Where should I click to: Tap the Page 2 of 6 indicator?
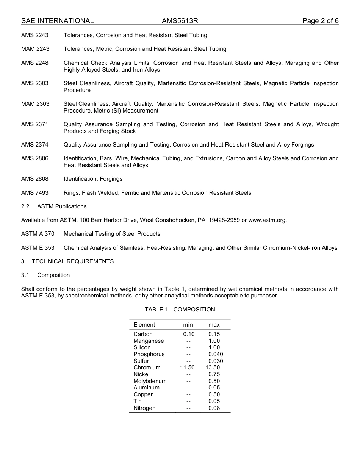[320, 21]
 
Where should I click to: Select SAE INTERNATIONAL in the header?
[57, 21]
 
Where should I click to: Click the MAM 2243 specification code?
[35, 49]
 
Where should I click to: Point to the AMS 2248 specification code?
[35, 63]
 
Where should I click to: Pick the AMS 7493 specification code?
[35, 193]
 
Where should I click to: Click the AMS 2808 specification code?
[35, 179]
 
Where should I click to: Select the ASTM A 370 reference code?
[38, 234]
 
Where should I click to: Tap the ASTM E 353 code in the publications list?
[38, 248]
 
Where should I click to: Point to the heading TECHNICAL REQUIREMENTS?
[73, 261]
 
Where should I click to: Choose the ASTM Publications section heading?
[62, 206]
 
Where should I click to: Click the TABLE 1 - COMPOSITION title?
[180, 310]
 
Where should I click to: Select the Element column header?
[144, 325]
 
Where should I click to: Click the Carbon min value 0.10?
[188, 334]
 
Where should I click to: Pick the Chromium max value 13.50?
[213, 367]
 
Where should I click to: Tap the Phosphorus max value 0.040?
[216, 354]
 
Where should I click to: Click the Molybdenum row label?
[150, 381]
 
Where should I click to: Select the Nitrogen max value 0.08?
[214, 408]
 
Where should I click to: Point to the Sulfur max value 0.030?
[216, 361]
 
